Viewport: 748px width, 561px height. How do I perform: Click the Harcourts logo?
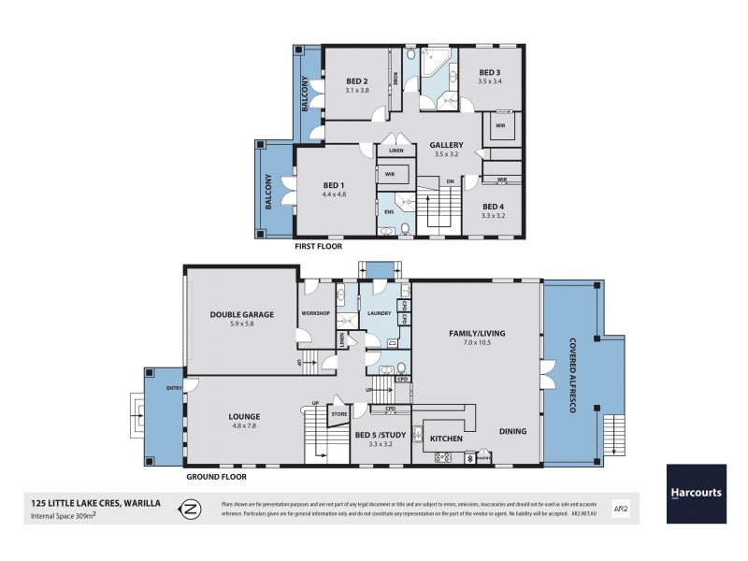(696, 494)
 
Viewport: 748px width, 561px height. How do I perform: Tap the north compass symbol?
(190, 510)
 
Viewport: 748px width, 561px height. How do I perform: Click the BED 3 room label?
(490, 72)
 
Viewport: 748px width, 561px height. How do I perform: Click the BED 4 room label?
(493, 206)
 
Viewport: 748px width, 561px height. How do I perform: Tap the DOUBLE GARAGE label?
(241, 314)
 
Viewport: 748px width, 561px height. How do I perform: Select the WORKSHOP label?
(315, 312)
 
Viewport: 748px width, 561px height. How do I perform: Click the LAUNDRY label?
(379, 313)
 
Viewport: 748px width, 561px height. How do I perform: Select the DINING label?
(512, 431)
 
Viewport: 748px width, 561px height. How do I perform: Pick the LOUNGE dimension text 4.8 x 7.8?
(243, 426)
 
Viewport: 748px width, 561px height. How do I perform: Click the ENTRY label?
(175, 387)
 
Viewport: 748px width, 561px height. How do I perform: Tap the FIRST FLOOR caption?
(318, 248)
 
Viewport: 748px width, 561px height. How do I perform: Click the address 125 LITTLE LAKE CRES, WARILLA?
(95, 503)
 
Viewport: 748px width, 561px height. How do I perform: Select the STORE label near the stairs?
(338, 412)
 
